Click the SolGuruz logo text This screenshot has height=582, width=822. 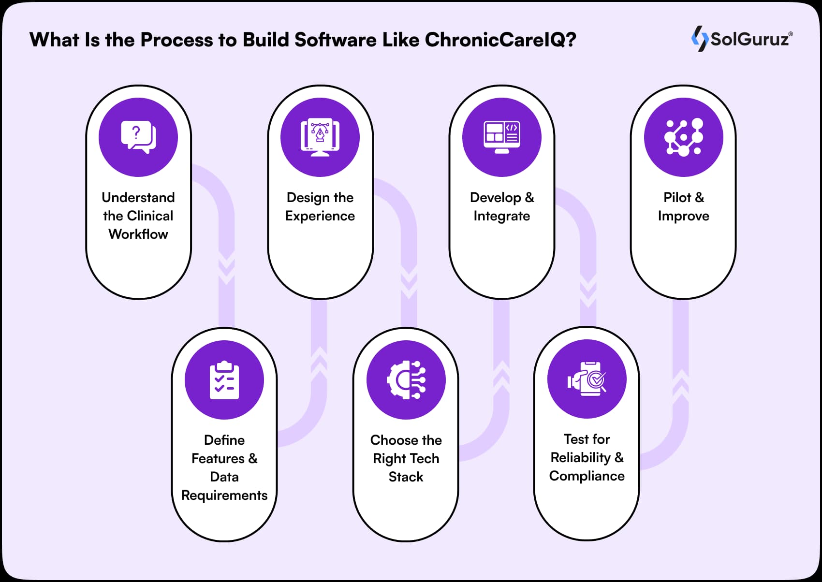pyautogui.click(x=750, y=39)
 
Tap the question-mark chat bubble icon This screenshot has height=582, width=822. pyautogui.click(x=138, y=137)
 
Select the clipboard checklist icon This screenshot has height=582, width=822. pyautogui.click(x=224, y=380)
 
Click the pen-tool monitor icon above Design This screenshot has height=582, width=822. pyautogui.click(x=320, y=137)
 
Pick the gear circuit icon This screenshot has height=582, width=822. pyautogui.click(x=406, y=380)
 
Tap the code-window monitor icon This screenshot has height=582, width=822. pyautogui.click(x=502, y=137)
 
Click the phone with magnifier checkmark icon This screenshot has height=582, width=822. pyautogui.click(x=587, y=379)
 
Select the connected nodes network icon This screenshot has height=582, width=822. pyautogui.click(x=684, y=137)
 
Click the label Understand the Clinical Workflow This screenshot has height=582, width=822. pyautogui.click(x=138, y=216)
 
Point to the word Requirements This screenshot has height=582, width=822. pyautogui.click(x=224, y=495)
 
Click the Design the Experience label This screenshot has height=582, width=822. pyautogui.click(x=320, y=206)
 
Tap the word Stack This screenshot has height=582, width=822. pyautogui.click(x=406, y=477)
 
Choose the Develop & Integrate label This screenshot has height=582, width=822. pyautogui.click(x=502, y=206)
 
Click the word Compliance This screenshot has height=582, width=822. pyautogui.click(x=587, y=476)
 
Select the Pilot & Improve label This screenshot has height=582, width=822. pyautogui.click(x=684, y=206)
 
